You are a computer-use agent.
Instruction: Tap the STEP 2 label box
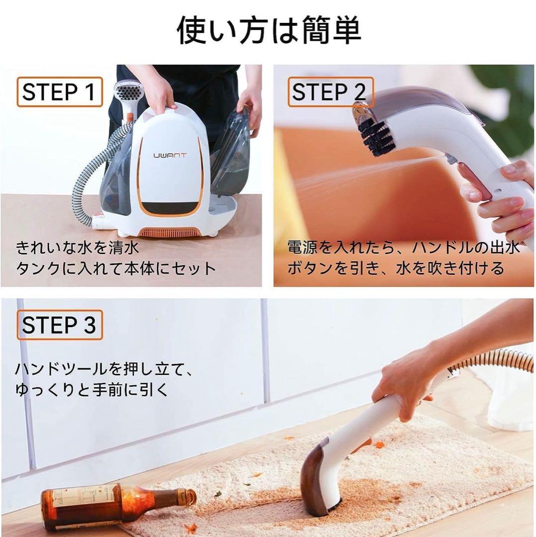(328, 92)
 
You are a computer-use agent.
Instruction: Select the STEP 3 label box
(59, 325)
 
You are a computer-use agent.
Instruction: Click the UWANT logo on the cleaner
(169, 155)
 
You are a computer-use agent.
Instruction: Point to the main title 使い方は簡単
(269, 30)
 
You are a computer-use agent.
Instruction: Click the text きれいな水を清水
(78, 247)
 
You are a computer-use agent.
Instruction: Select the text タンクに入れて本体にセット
(115, 269)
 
